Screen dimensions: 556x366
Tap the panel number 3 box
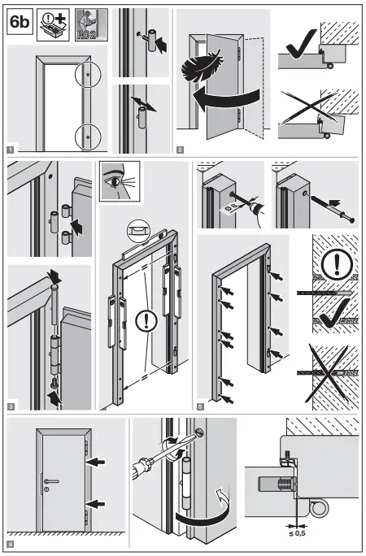pos(11,404)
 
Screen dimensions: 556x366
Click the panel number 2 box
pos(179,149)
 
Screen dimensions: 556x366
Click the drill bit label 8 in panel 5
pos(225,206)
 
